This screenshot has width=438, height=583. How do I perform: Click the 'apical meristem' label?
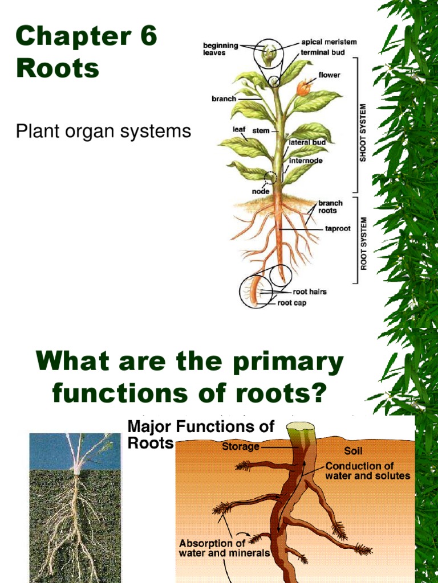pos(330,42)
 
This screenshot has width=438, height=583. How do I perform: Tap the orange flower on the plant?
pos(303,88)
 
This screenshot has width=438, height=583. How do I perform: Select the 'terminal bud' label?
pos(323,52)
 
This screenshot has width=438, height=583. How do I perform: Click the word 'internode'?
pos(306,161)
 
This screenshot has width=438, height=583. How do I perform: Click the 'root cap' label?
pos(292,303)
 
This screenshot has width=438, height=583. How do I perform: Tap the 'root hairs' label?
pos(310,292)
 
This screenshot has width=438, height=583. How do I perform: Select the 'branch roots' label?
pos(330,207)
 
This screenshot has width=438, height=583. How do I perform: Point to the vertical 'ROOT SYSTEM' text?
pos(363,243)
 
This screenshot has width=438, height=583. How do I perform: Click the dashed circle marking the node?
pos(271,177)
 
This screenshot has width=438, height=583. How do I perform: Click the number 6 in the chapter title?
pos(146,37)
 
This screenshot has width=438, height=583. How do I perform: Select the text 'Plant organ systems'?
pos(103,131)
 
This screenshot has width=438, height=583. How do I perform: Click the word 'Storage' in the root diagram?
pos(241,447)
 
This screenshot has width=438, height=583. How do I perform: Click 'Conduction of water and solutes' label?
pos(367,471)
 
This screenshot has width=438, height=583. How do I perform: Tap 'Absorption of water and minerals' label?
pos(224,547)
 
